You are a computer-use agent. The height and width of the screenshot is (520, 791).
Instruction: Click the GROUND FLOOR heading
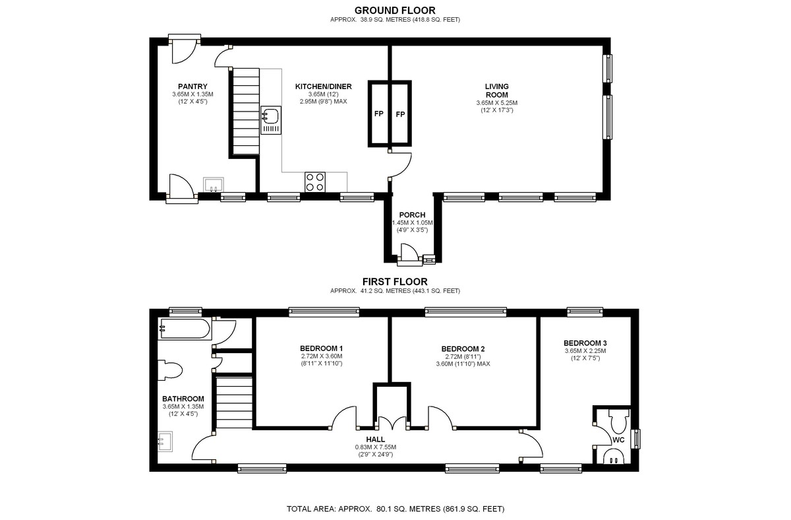[x=395, y=10]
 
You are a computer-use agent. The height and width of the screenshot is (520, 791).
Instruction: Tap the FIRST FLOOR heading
[x=395, y=281]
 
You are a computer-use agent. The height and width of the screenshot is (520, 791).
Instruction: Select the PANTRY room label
[x=192, y=86]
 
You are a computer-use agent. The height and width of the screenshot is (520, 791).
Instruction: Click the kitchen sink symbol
[x=271, y=121]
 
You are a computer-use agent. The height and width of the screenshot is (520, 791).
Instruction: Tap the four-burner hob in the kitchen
[x=315, y=181]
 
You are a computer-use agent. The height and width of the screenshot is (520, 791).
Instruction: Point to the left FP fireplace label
[x=379, y=114]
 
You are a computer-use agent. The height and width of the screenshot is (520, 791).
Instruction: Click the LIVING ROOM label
[x=496, y=90]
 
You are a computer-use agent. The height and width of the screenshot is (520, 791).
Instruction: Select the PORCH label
[x=412, y=215]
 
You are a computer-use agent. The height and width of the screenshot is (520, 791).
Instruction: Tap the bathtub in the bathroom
[x=185, y=328]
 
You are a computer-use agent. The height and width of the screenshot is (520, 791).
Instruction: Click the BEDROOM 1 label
[x=321, y=348]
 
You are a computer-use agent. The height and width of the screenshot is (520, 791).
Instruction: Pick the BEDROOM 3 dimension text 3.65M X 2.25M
[x=585, y=351]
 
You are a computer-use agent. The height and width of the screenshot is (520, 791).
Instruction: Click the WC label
[x=618, y=439]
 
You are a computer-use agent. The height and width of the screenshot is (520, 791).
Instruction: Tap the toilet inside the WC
[x=618, y=418]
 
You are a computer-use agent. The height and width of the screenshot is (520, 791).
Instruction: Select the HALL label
[x=375, y=439]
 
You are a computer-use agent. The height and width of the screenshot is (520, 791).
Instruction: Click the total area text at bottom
[x=395, y=509]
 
